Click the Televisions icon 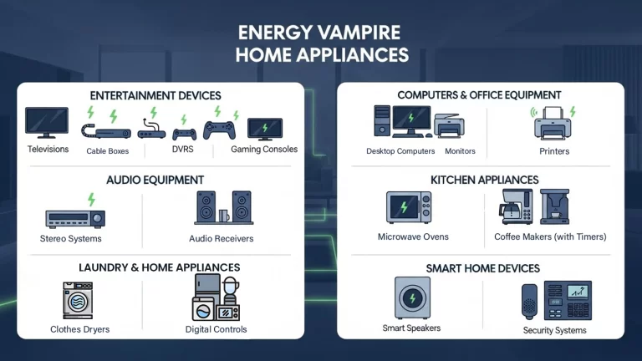click(47, 123)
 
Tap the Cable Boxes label click(108, 151)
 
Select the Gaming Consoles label click(264, 150)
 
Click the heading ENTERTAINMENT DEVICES click(155, 95)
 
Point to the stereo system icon click(75, 218)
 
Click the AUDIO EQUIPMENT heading click(155, 180)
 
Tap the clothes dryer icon click(78, 301)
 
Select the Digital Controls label click(216, 329)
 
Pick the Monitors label click(461, 151)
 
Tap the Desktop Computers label click(400, 151)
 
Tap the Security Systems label click(554, 330)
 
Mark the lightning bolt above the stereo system click(91, 199)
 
